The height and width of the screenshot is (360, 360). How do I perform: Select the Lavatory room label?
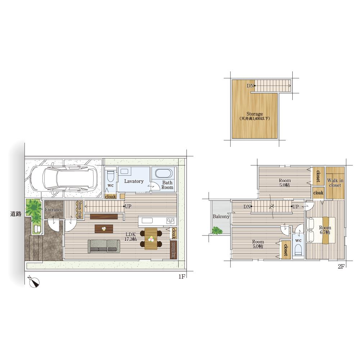click(x=134, y=181)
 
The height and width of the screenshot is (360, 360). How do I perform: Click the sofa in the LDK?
click(x=104, y=246)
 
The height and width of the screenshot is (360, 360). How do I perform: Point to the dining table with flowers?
click(x=151, y=238)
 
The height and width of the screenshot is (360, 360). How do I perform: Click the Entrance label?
click(x=54, y=210)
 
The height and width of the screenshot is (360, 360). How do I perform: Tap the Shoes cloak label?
click(x=80, y=210)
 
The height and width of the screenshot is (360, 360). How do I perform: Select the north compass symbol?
click(x=34, y=282)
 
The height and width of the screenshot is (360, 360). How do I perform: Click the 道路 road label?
click(x=16, y=214)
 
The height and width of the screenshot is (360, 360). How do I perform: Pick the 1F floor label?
click(x=181, y=276)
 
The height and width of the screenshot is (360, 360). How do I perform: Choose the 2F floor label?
click(x=341, y=266)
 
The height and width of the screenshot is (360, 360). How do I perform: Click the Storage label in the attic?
click(x=255, y=114)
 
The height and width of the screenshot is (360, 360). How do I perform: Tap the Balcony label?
click(x=221, y=216)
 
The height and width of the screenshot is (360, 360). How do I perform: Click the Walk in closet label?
click(x=335, y=183)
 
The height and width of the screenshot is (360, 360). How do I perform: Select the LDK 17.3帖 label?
click(x=130, y=237)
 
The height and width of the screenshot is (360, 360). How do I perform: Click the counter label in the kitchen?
click(x=174, y=250)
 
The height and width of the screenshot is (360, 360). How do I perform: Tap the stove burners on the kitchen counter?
click(x=170, y=221)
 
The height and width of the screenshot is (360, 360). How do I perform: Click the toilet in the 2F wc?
click(x=298, y=250)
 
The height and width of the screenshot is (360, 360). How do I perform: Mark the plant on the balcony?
click(x=217, y=230)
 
